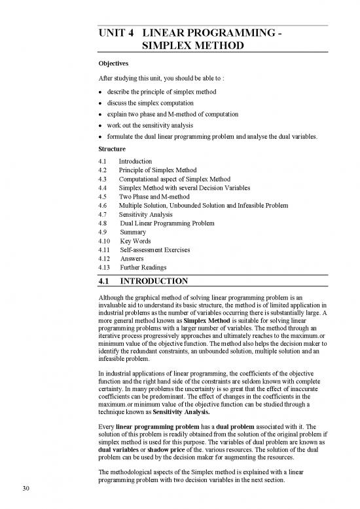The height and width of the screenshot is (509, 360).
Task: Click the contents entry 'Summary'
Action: coord(134,231)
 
